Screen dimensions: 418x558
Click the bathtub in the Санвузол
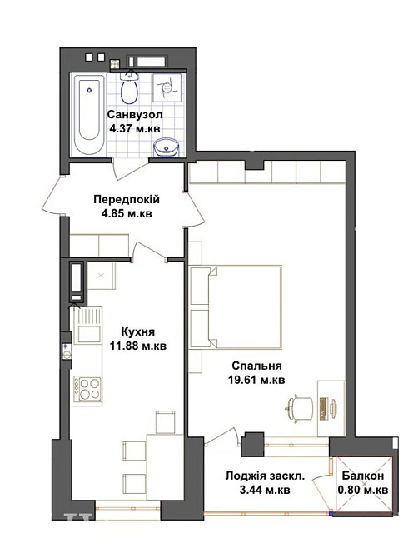[x=89, y=115]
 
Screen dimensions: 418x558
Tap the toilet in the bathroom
[x=130, y=89]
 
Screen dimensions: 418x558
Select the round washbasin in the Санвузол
[x=167, y=147]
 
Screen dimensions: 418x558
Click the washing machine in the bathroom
[x=167, y=87]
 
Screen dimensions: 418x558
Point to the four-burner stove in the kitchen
[x=87, y=389]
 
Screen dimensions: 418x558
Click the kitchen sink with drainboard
[x=88, y=326]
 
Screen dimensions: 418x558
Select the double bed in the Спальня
[x=236, y=306]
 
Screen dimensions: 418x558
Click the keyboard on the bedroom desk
[x=323, y=409]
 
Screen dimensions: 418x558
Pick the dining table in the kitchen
[x=165, y=466]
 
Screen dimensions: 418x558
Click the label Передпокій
[x=127, y=200]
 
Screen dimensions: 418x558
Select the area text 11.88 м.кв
[x=138, y=346]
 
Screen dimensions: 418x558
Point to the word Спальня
[x=256, y=366]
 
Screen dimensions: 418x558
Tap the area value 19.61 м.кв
[x=256, y=380]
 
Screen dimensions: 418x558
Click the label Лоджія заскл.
[x=265, y=476]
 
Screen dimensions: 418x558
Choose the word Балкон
[x=363, y=476]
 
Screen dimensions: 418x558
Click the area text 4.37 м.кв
[x=135, y=128]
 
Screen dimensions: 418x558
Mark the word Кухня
[x=138, y=331]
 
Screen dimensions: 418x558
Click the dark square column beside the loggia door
[x=252, y=445]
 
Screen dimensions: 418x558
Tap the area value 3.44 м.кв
[x=265, y=490]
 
